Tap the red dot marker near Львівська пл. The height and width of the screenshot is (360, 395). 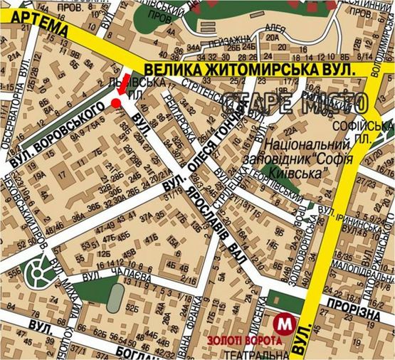(115, 104)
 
